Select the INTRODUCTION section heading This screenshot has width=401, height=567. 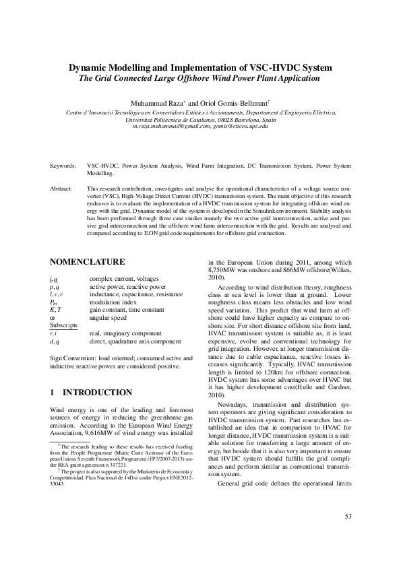97,392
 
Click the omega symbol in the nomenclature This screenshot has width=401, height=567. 53,318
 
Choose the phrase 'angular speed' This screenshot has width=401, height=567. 107,318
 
